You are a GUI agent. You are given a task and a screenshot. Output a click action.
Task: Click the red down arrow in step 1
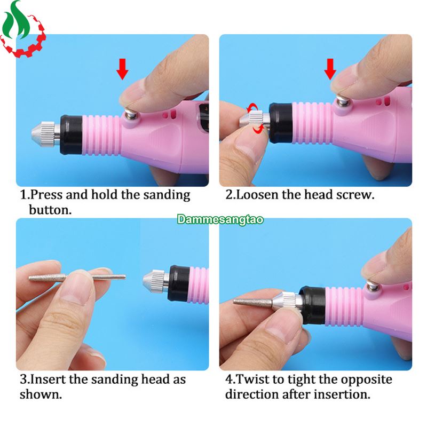pos(122,69)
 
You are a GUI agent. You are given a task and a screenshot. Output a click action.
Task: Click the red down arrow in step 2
pos(330,69)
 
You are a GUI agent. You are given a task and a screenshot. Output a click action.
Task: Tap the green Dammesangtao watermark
pos(220,219)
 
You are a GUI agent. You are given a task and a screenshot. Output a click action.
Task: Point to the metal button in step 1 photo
pos(131,113)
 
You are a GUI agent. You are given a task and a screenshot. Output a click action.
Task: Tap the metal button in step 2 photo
pos(343,100)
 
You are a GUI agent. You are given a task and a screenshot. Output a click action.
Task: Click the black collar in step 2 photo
pos(281,123)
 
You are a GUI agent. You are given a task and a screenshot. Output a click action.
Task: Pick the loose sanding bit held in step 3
pos(77,278)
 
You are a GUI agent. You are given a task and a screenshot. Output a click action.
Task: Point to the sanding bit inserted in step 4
pos(253,302)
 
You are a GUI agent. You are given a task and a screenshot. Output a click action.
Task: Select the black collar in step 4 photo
pos(313,305)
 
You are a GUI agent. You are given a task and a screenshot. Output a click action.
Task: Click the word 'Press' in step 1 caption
pos(46,195)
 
